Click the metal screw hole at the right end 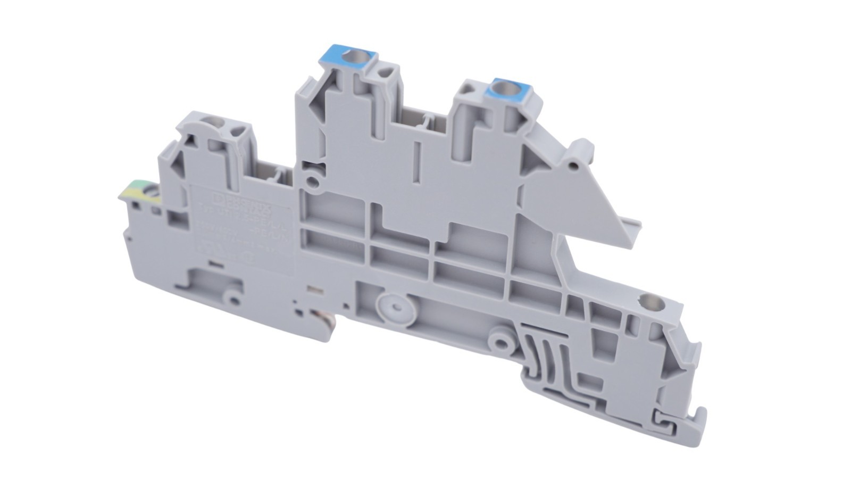pos(648,302)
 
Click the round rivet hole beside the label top pos(313,181)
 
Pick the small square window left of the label pos(174,217)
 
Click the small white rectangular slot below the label pos(313,290)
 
